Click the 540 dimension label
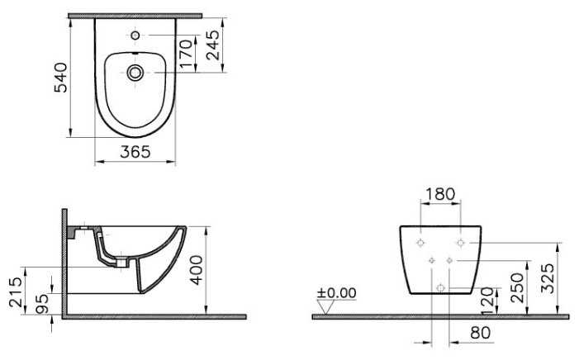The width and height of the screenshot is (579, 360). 61,78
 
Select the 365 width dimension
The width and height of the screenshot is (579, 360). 135,152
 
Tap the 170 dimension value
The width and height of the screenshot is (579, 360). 187,54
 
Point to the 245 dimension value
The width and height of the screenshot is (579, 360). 213,45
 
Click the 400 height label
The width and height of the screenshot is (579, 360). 197,270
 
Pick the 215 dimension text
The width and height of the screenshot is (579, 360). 17,292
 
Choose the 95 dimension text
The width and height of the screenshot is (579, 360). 42,304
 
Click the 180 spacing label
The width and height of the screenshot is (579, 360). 440,194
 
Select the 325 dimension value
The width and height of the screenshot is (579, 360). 548,278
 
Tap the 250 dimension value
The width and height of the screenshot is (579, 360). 517,287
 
